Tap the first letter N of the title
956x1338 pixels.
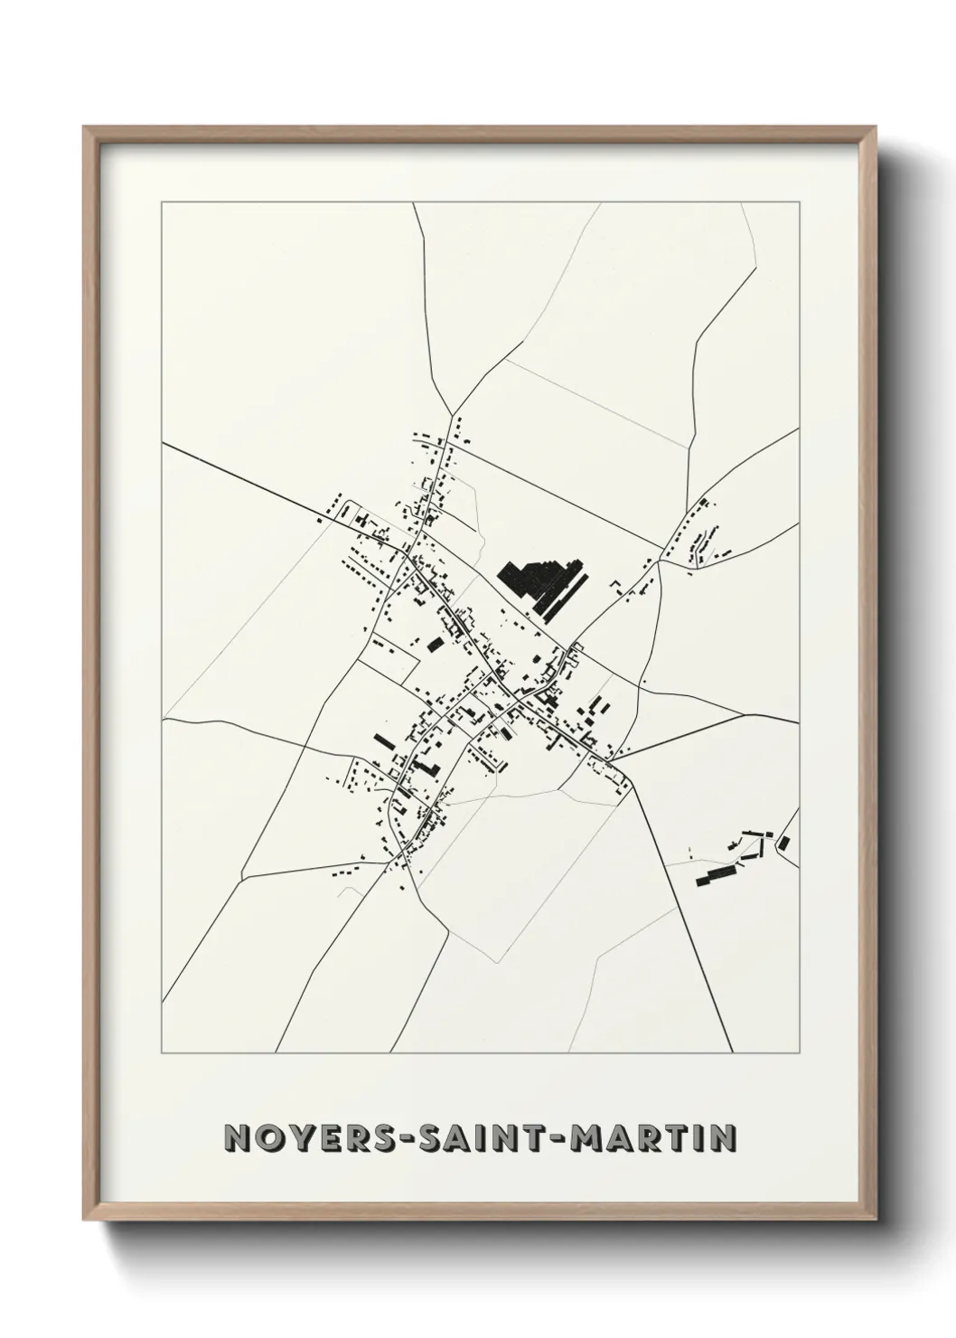pos(237,1138)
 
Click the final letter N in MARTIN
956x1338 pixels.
pos(720,1138)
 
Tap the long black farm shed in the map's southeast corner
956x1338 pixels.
pos(715,874)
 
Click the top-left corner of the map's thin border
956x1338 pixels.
pos(162,203)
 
